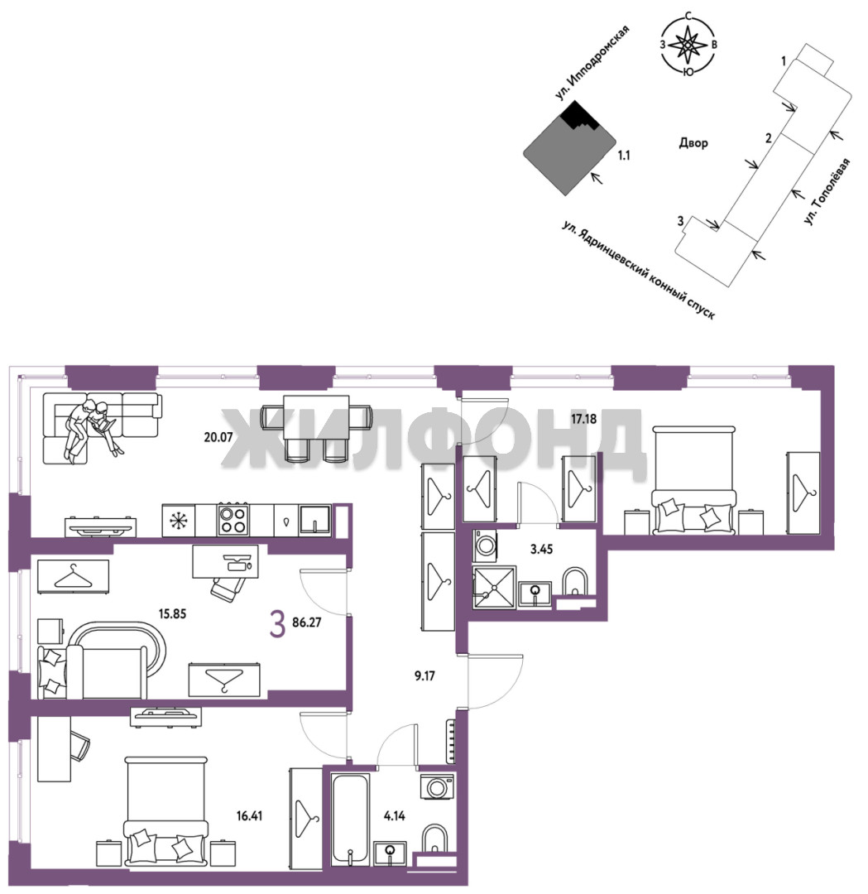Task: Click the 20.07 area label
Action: [218, 438]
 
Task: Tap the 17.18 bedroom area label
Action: [583, 419]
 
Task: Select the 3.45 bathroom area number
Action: [541, 550]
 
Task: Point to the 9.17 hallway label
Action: [424, 676]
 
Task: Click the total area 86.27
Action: [307, 622]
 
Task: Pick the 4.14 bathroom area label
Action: [395, 816]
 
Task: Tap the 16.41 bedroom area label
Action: [250, 816]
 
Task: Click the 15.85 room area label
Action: [172, 614]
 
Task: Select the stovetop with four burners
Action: [233, 519]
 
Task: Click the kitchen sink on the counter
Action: [315, 519]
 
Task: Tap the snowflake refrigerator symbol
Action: [179, 520]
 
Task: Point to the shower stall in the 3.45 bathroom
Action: [494, 588]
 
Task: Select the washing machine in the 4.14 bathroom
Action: [437, 787]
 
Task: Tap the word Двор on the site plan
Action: [693, 142]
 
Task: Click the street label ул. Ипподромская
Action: [592, 63]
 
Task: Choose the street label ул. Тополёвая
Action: [827, 191]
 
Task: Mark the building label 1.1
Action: [624, 155]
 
